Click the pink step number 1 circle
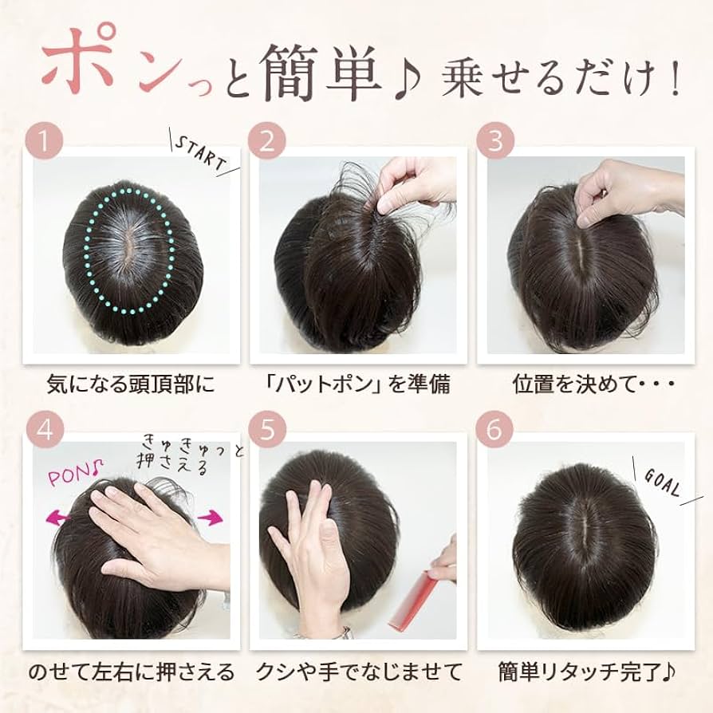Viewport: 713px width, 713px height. tap(44, 140)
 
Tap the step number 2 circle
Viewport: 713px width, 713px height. tap(267, 140)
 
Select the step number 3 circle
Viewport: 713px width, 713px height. tap(495, 140)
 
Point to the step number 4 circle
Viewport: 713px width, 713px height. tap(44, 429)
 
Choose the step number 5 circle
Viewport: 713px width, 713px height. tap(267, 429)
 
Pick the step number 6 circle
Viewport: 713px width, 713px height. tap(494, 429)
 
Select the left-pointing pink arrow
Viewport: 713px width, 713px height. tap(59, 517)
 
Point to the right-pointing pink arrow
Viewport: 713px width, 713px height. tap(210, 517)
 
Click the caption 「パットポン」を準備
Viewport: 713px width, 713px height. tap(358, 384)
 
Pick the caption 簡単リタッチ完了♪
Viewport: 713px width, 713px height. tap(587, 672)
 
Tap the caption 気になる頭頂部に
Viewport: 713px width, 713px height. tap(131, 384)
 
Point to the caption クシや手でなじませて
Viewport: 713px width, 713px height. tap(358, 672)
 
